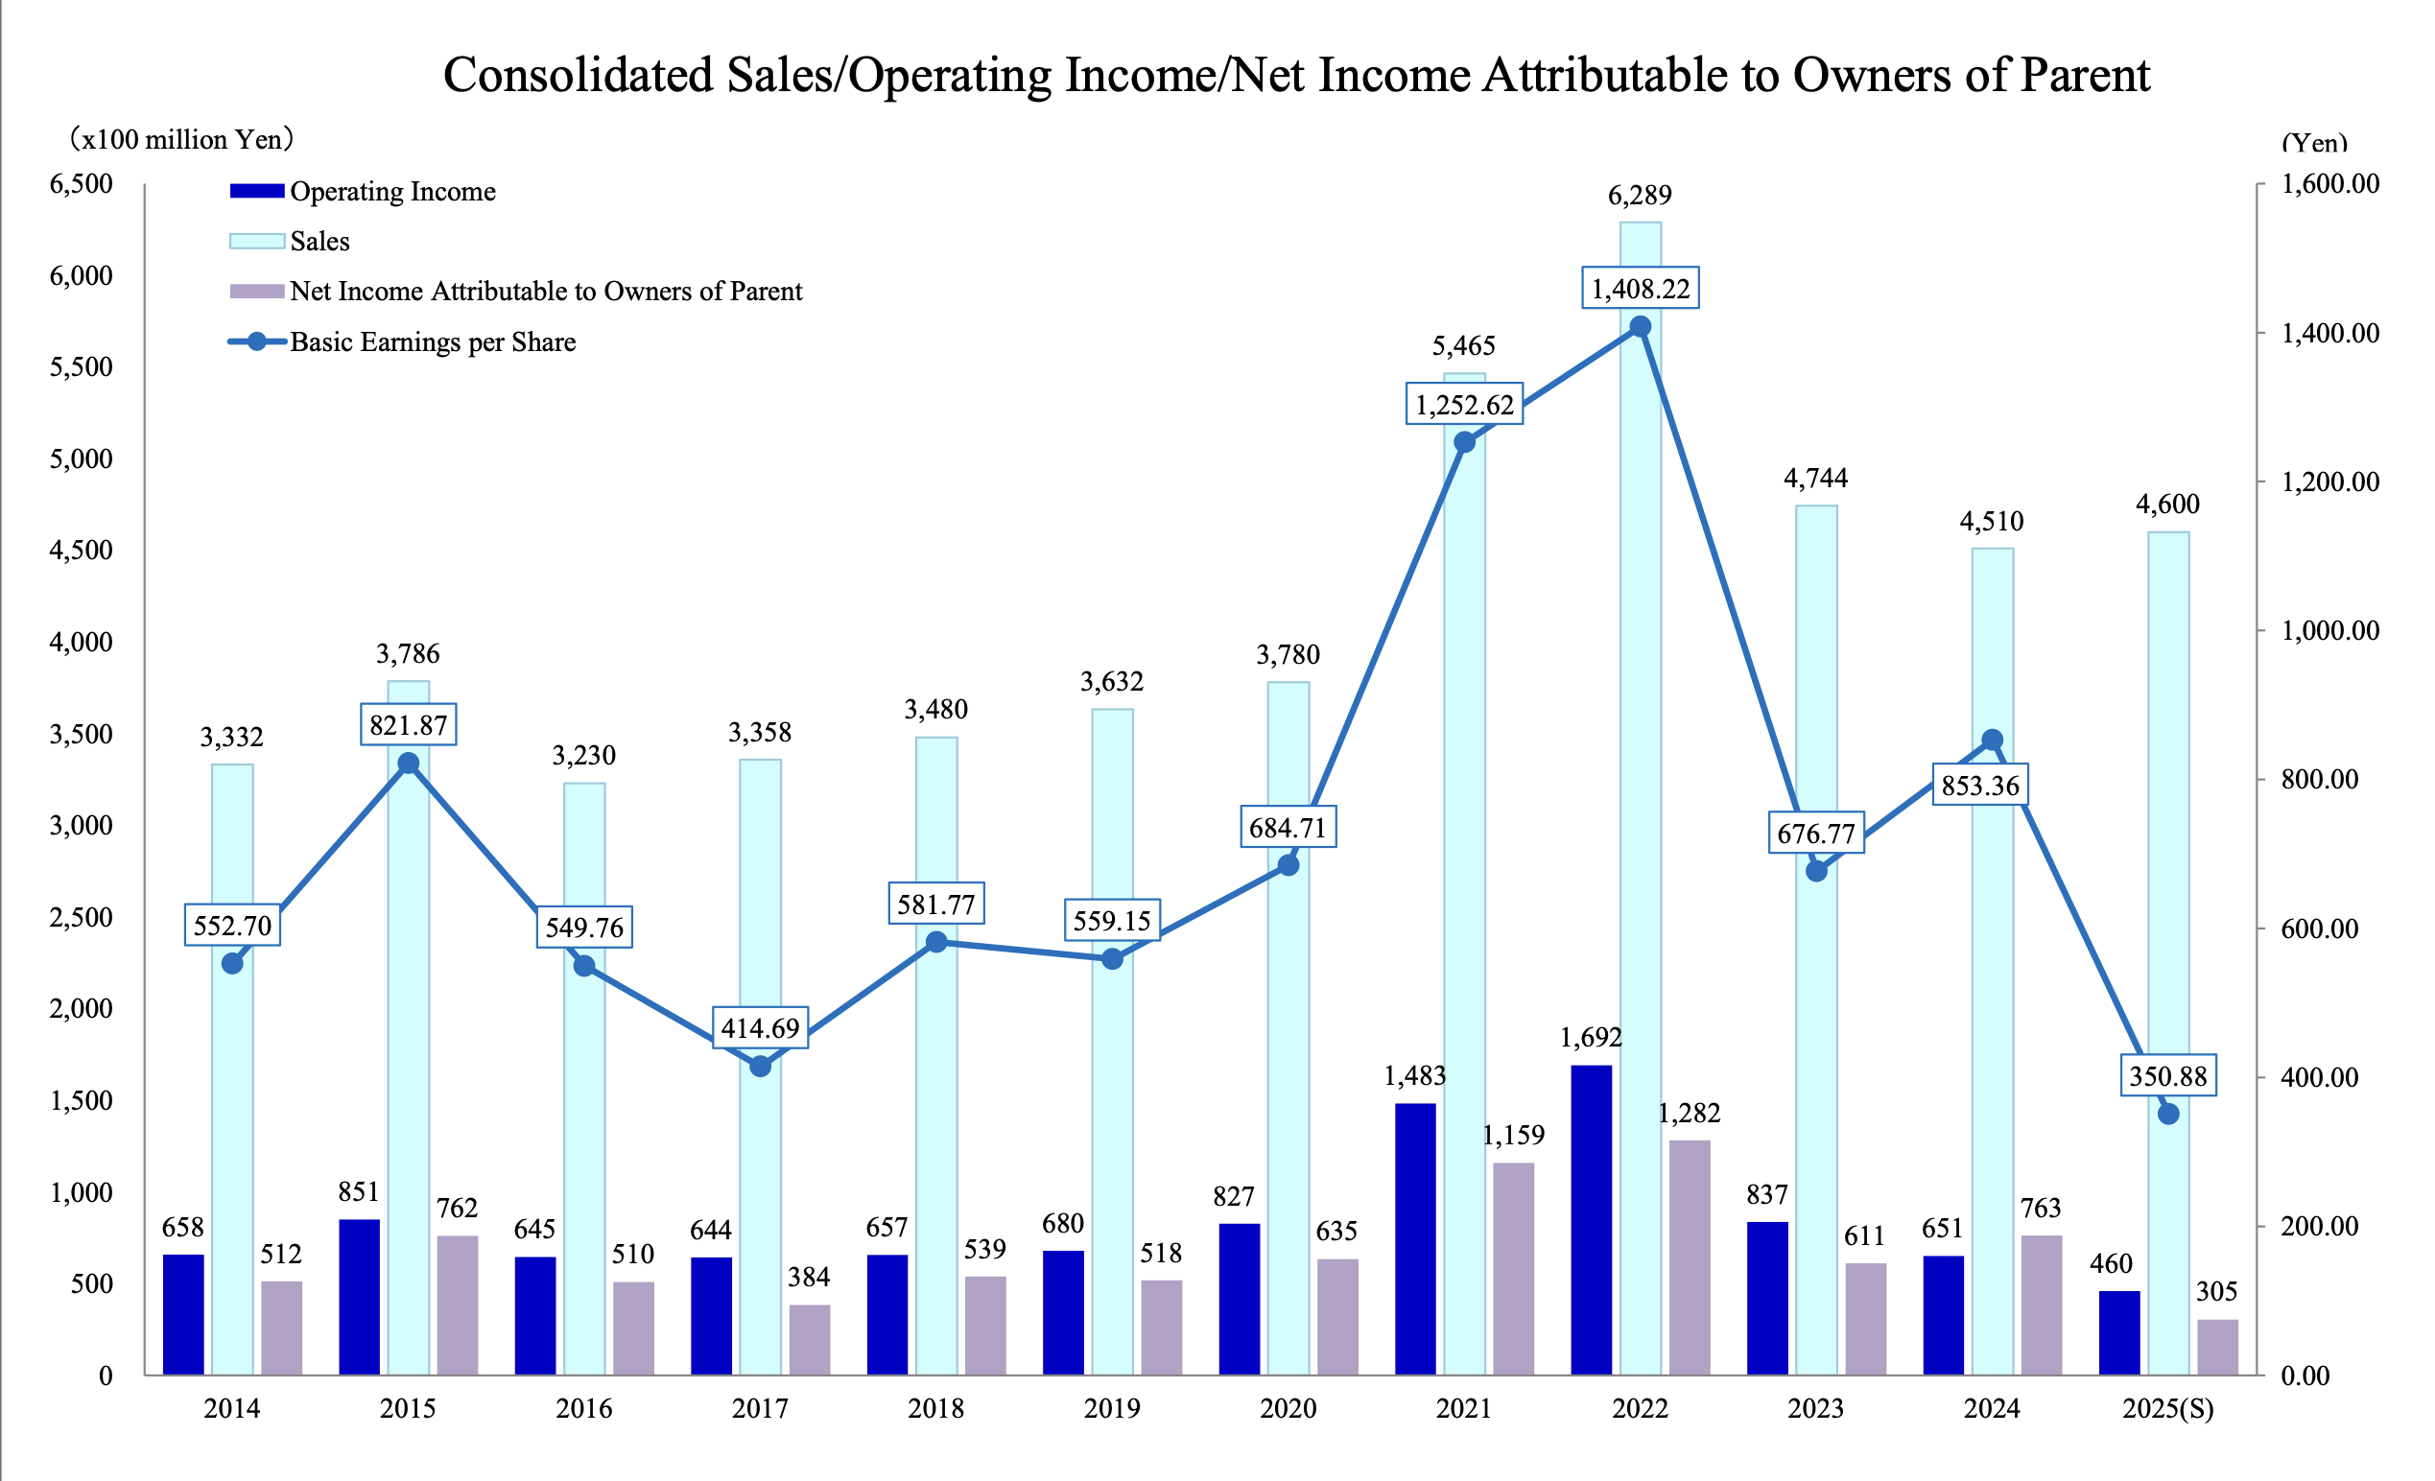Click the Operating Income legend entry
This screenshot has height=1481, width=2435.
(x=392, y=192)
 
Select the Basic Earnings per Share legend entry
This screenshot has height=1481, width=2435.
(x=432, y=342)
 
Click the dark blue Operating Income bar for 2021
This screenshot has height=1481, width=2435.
(x=1415, y=1239)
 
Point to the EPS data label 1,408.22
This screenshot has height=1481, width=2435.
(x=1641, y=289)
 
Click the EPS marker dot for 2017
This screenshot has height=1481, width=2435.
(x=760, y=1066)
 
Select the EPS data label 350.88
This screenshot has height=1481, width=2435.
(x=2168, y=1076)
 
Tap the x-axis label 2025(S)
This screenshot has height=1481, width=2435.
(x=2168, y=1409)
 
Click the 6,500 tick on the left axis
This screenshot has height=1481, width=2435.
(x=81, y=184)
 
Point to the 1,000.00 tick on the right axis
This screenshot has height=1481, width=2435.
(x=2329, y=630)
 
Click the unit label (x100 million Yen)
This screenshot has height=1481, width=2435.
(x=182, y=139)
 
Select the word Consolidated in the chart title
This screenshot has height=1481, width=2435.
(x=578, y=75)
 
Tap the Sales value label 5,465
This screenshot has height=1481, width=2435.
(x=1463, y=346)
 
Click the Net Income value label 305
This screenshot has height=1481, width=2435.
(x=2216, y=1291)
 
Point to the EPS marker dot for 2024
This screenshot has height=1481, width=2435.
(x=1993, y=740)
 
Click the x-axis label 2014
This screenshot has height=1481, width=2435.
(x=232, y=1409)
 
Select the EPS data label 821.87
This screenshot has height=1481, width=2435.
(x=408, y=725)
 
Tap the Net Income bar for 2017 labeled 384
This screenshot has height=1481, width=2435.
(x=810, y=1340)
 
